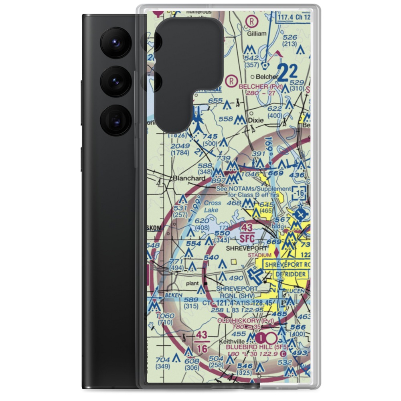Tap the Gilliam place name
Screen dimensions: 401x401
(x=257, y=34)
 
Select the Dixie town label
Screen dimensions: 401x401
(x=255, y=119)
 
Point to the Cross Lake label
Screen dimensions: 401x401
(x=212, y=207)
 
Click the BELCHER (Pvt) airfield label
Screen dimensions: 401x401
(x=260, y=86)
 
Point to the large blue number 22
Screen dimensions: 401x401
(x=288, y=72)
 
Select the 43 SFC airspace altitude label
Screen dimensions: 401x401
(x=247, y=233)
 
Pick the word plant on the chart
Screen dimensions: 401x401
(x=193, y=284)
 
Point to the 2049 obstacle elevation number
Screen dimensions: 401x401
(x=177, y=146)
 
